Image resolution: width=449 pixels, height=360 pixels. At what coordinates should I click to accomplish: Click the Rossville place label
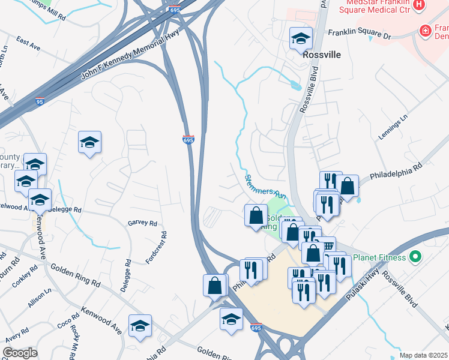pos(322,55)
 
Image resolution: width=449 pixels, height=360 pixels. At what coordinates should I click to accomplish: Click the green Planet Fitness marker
pos(414,257)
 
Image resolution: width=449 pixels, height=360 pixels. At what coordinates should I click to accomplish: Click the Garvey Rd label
pos(142,223)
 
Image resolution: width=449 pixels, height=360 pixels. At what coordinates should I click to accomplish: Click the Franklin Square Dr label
pos(358,34)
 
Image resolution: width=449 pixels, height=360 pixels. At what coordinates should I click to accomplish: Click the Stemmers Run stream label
pos(264,187)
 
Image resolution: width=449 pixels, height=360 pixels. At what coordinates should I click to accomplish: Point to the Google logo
pos(20,353)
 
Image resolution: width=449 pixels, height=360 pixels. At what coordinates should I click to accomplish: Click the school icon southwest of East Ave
pos(89,143)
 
